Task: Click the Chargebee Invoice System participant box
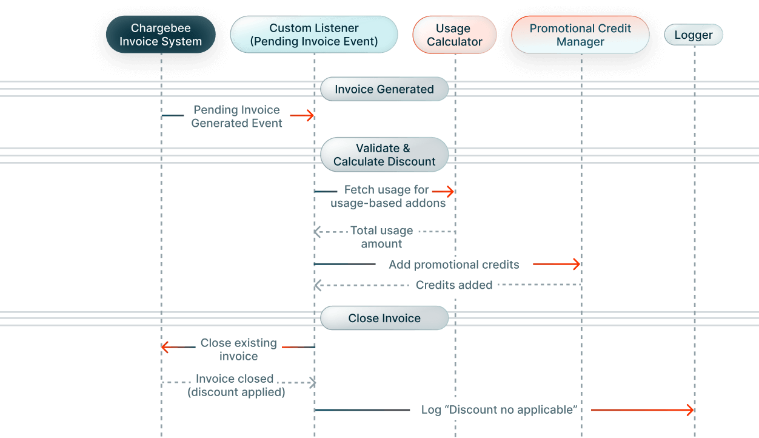tap(161, 35)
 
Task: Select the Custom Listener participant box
tap(313, 35)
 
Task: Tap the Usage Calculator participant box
tap(454, 35)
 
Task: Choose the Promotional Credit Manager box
tap(580, 35)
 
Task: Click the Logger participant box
tap(694, 35)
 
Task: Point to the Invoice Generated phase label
tap(384, 89)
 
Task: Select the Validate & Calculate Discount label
tap(384, 155)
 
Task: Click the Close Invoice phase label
tap(384, 318)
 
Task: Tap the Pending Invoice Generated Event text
tap(236, 116)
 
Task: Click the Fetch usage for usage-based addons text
tap(387, 197)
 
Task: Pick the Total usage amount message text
tap(381, 237)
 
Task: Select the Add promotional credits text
tap(453, 264)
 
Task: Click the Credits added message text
tap(453, 285)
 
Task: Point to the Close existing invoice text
tap(238, 349)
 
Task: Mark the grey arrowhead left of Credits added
tap(317, 285)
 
